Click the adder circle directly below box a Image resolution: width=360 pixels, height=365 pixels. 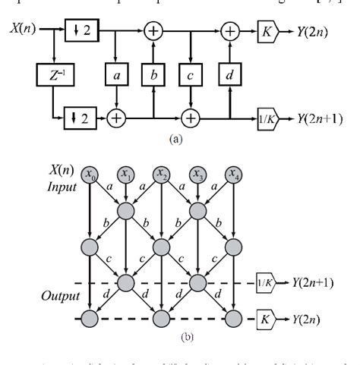(x=115, y=118)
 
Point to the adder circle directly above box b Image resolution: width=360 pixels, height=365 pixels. (x=153, y=33)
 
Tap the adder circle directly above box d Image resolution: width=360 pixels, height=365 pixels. (x=230, y=33)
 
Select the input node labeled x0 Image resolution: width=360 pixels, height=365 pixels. (x=91, y=175)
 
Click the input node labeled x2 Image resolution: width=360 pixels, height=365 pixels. (x=161, y=175)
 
